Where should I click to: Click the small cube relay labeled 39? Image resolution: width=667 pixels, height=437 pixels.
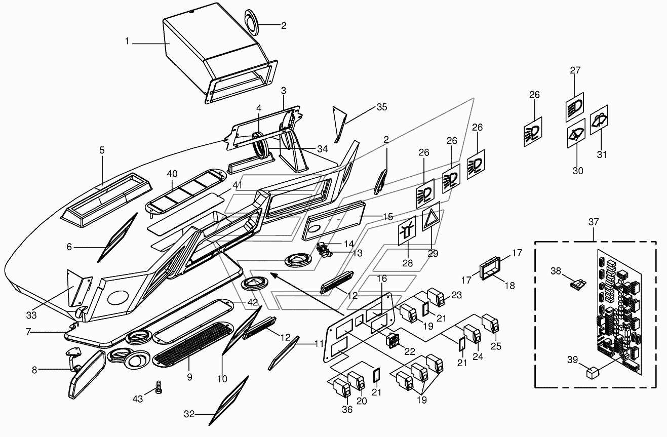592,373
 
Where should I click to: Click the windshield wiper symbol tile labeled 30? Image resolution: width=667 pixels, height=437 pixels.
576,134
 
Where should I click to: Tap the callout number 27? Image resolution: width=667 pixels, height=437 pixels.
575,70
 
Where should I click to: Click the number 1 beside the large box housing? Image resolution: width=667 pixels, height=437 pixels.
127,41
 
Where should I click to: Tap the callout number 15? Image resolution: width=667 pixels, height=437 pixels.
387,217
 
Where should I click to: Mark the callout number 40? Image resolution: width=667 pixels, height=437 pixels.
172,174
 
